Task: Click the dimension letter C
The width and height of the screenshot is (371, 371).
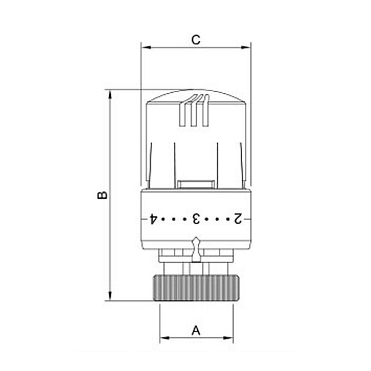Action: point(196,40)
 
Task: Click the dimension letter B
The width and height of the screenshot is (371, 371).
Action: point(102,195)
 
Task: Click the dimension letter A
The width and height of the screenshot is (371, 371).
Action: point(196,330)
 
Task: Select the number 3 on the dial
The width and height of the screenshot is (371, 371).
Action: point(196,219)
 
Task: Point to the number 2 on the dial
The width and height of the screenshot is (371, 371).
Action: point(238,219)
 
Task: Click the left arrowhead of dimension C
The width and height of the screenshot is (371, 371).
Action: point(146,48)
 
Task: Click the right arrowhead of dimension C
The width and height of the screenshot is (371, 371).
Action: point(245,48)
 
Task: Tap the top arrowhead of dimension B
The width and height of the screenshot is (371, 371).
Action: point(110,95)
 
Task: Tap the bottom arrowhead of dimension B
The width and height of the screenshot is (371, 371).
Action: point(110,296)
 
